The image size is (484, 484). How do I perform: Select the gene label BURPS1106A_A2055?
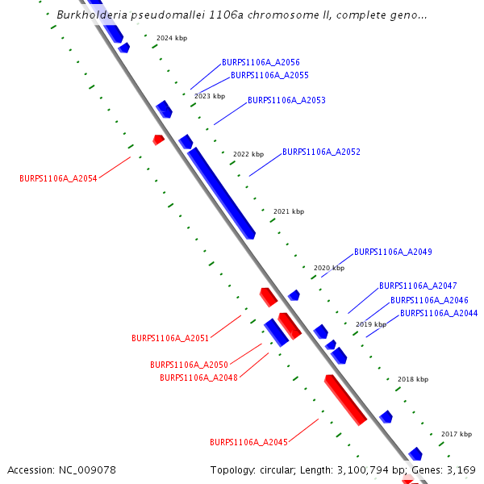click(x=269, y=76)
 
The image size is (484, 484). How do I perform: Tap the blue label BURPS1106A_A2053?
click(x=286, y=101)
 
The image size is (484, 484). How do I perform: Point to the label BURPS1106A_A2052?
click(x=321, y=152)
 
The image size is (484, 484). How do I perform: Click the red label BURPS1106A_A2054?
click(x=58, y=179)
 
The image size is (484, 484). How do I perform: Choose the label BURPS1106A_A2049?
click(x=393, y=252)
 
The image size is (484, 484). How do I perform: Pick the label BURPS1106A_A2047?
click(x=418, y=286)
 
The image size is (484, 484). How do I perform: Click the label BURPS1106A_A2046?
click(x=429, y=300)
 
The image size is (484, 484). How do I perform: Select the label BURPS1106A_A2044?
click(x=439, y=313)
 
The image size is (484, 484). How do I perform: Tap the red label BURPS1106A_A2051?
click(x=170, y=338)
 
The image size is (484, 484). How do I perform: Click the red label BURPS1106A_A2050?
click(x=189, y=365)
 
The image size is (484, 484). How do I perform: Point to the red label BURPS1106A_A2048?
click(x=198, y=378)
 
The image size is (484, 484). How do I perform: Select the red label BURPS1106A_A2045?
click(x=248, y=442)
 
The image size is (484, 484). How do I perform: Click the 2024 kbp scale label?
click(x=172, y=39)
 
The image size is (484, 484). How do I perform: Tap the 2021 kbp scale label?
click(x=289, y=211)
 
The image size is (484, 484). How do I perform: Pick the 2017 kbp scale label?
click(x=457, y=434)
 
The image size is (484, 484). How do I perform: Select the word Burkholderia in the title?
click(x=91, y=15)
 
